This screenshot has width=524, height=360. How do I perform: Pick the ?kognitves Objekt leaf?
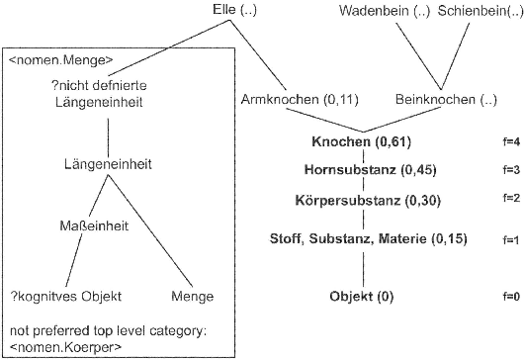coord(58,295)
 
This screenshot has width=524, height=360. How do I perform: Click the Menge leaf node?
coord(193,295)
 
